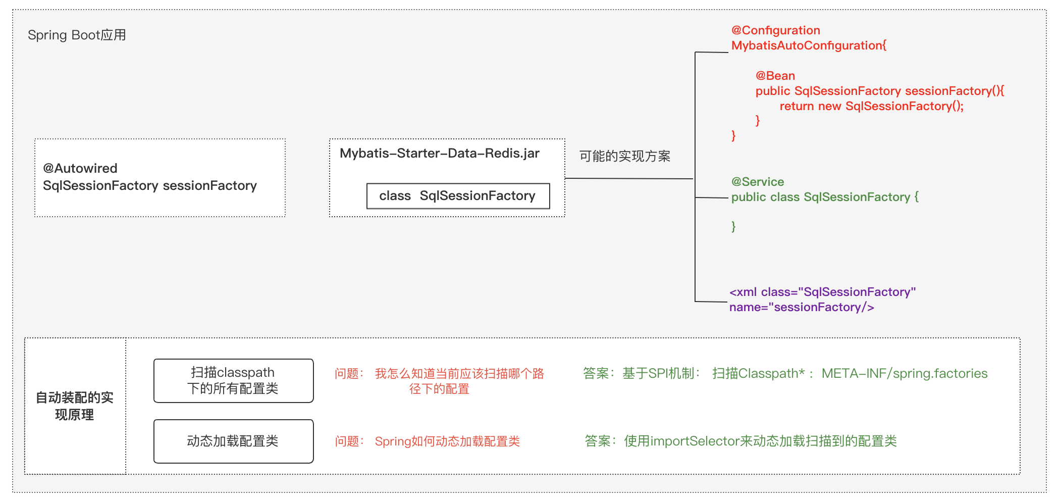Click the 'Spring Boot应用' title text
pos(77,35)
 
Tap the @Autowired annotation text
pos(80,168)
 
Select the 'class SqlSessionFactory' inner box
pos(458,196)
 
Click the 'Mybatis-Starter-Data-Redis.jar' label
pos(439,153)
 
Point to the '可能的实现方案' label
pos(624,156)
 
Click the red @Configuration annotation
pos(775,30)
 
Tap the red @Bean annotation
pos(775,76)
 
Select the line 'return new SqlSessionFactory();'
pos(871,106)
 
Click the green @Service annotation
pos(757,182)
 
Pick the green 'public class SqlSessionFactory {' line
pos(825,197)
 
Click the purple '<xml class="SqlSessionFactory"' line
pos(822,292)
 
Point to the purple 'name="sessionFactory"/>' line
pos(802,307)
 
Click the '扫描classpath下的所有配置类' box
pos(233,381)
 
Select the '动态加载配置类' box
pos(233,441)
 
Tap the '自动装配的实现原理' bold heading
pos(75,406)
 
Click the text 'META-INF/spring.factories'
pos(904,373)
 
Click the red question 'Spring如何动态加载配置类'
pos(447,441)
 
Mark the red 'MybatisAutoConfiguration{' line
pos(809,45)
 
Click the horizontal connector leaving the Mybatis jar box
pos(628,178)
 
